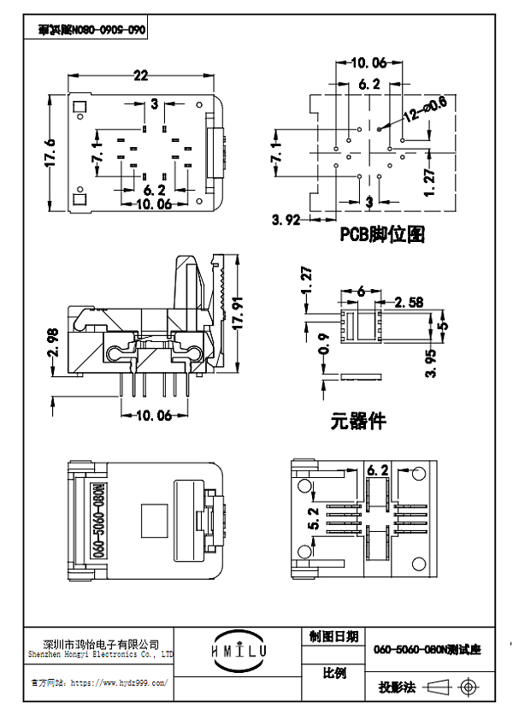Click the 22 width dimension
coord(140,75)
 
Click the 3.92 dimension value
coord(286,220)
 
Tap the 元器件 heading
coord(358,422)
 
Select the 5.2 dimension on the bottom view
coord(314,517)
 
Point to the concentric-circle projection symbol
coord(468,687)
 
